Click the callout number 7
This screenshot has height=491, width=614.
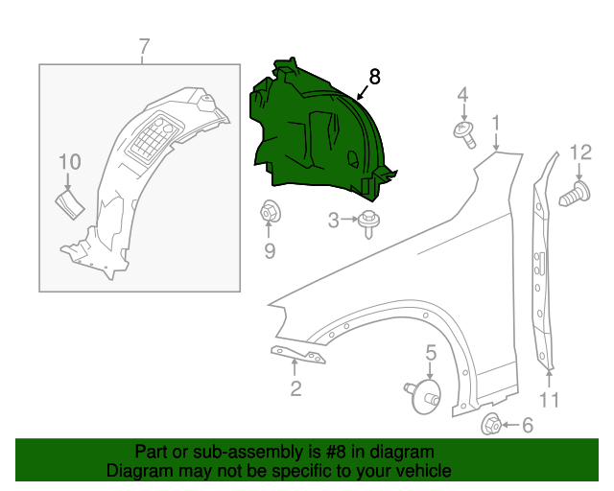point(144,46)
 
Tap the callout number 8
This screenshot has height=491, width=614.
point(374,78)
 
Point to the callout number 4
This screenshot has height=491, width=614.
point(462,94)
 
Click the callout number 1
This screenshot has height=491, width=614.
point(496,123)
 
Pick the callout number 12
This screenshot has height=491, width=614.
point(581,152)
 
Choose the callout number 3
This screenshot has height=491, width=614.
point(334,221)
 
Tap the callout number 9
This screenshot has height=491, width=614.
point(270,251)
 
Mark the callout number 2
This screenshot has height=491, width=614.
point(295,387)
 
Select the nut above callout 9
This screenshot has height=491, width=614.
point(270,211)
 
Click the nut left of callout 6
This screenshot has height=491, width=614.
point(491,424)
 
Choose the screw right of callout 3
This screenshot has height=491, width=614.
point(368,222)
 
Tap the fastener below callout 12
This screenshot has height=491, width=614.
point(573,196)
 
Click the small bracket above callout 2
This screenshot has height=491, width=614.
point(297,355)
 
